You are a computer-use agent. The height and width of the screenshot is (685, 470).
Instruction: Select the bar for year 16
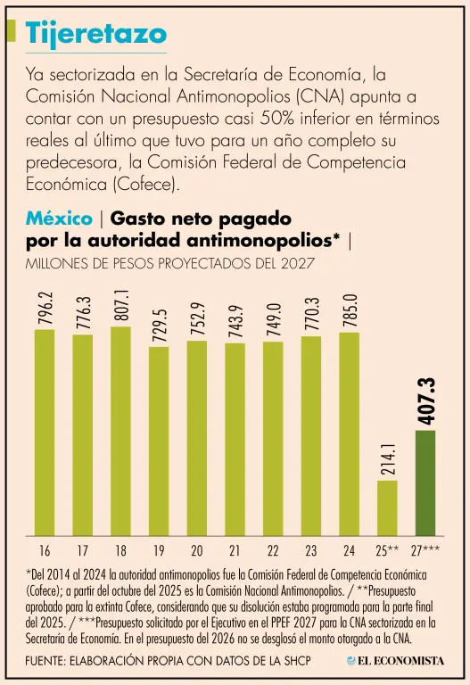pyautogui.click(x=45, y=433)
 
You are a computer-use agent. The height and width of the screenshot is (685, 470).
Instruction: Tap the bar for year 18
pyautogui.click(x=120, y=431)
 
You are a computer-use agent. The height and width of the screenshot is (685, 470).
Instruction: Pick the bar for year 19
pyautogui.click(x=159, y=442)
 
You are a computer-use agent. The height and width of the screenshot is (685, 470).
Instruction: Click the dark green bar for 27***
pyautogui.click(x=425, y=483)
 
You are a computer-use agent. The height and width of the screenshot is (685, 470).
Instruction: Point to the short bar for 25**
pyautogui.click(x=387, y=508)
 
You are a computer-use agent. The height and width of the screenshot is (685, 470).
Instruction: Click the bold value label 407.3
pyautogui.click(x=426, y=400)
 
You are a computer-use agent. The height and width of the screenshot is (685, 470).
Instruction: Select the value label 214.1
pyautogui.click(x=388, y=458)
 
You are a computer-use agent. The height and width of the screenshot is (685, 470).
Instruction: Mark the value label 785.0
pyautogui.click(x=350, y=310)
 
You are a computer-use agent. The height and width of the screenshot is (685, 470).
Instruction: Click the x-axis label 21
pyautogui.click(x=235, y=551)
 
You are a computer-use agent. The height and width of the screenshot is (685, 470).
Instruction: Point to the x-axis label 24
pyautogui.click(x=350, y=551)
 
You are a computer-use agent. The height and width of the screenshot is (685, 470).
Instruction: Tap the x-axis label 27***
pyautogui.click(x=425, y=550)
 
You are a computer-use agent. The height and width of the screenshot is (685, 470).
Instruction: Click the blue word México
pyautogui.click(x=59, y=218)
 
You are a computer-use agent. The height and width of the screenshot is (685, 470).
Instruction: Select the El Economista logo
pyautogui.click(x=395, y=661)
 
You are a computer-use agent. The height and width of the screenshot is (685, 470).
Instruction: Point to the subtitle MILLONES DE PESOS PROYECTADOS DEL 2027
pyautogui.click(x=170, y=263)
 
